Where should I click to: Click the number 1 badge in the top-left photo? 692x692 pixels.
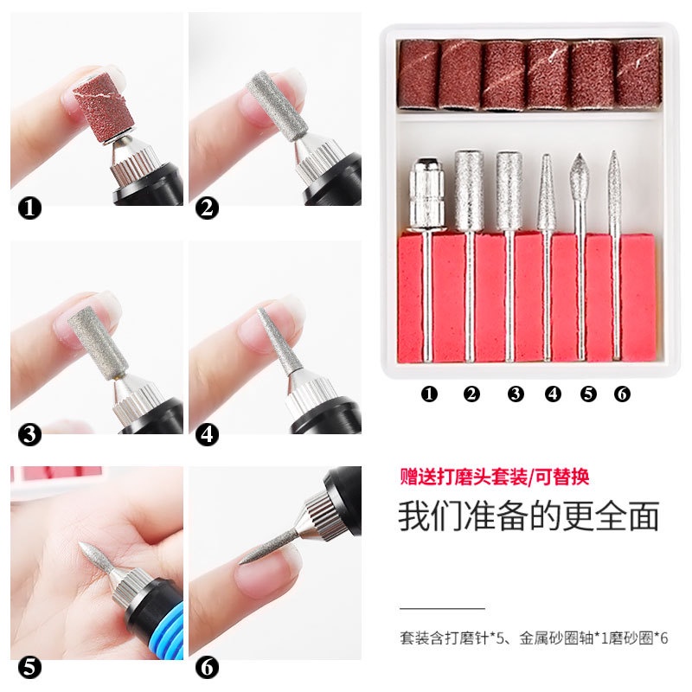click(x=30, y=208)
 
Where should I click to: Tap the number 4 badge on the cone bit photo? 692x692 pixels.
click(x=208, y=433)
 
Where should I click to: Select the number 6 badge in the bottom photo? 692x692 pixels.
click(x=208, y=667)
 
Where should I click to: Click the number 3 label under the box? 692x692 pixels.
click(x=516, y=394)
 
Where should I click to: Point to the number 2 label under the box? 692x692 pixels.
click(x=471, y=394)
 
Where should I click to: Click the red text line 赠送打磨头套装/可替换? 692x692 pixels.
click(x=494, y=477)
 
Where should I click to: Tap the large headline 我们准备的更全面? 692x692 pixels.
click(x=529, y=516)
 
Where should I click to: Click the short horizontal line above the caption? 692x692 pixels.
click(x=442, y=609)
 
